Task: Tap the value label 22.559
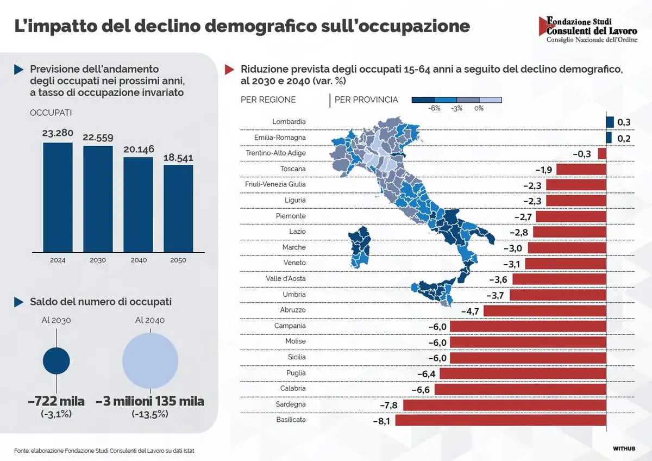[98, 138]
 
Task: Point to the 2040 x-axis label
[139, 260]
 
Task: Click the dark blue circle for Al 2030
[56, 361]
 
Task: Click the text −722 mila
[56, 402]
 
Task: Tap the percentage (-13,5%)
[150, 414]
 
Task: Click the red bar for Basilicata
[500, 420]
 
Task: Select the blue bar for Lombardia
[610, 122]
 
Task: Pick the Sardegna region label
[291, 404]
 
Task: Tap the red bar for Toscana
[581, 170]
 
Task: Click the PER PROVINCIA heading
[366, 99]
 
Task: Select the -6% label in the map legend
[434, 108]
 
